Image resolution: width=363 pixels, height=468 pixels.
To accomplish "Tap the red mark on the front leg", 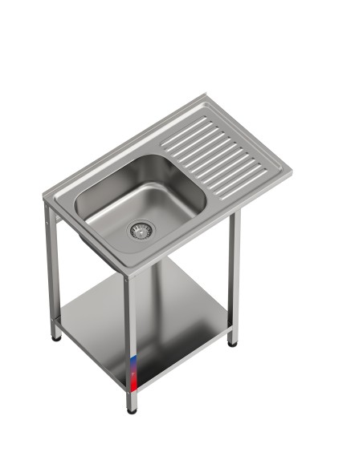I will click(x=133, y=371).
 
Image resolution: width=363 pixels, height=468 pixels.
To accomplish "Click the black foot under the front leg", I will click(x=132, y=409).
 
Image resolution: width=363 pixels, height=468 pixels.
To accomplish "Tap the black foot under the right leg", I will click(x=232, y=343).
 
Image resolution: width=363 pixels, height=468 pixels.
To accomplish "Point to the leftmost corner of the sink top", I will click(x=44, y=195).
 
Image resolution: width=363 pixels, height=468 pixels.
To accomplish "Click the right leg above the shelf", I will click(x=234, y=264).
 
